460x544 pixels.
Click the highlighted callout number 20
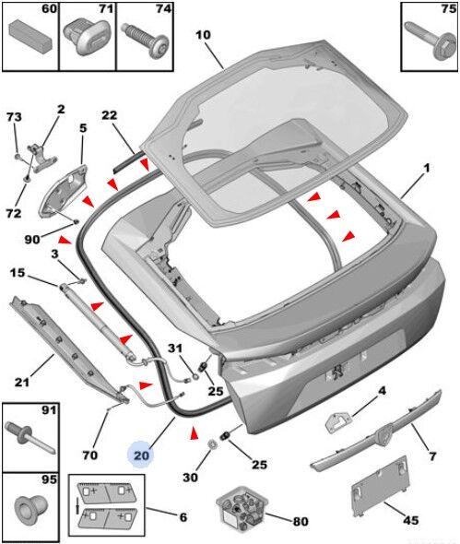(141, 455)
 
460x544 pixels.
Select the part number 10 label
(203, 35)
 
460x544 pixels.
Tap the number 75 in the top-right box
(449, 9)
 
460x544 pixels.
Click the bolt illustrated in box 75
(431, 41)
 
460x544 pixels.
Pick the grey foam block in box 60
(30, 35)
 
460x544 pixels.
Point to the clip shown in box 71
(86, 37)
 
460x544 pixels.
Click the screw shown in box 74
(146, 40)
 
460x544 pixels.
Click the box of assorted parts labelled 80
(242, 509)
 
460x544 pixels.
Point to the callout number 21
(22, 382)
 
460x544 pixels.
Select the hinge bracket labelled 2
(41, 158)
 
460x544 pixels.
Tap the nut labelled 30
(211, 443)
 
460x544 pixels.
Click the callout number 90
(32, 239)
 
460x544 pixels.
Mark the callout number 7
(432, 455)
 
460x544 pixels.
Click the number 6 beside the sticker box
(183, 517)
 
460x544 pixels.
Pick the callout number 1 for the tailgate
(426, 169)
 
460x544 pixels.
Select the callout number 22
(110, 115)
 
